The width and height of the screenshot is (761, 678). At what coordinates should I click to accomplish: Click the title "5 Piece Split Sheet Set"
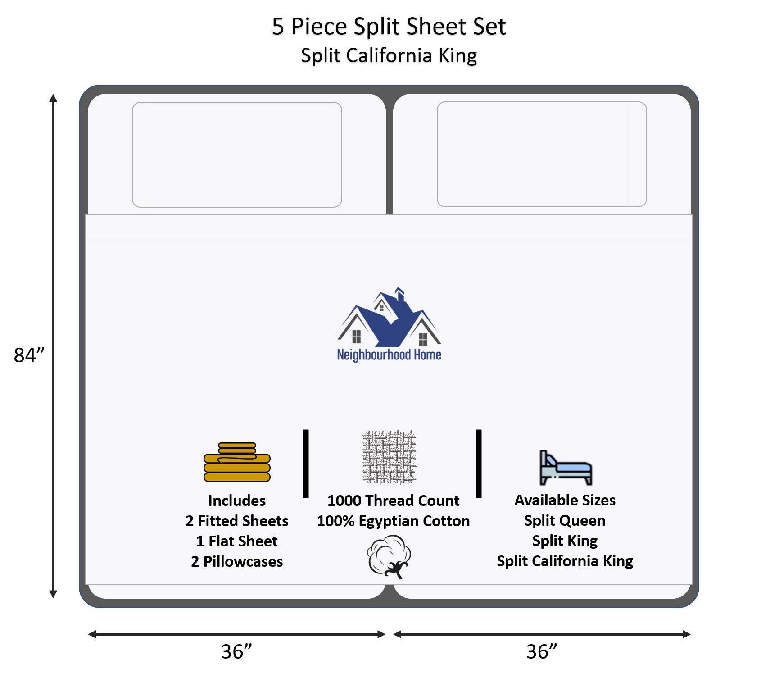[389, 26]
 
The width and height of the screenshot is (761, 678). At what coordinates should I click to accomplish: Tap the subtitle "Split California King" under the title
[389, 55]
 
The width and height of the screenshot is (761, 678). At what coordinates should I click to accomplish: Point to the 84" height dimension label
[30, 355]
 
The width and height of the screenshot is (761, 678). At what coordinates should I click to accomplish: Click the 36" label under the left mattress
[236, 651]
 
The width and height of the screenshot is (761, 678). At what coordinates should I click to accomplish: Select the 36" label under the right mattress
[542, 651]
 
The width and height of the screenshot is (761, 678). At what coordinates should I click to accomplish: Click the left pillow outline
[237, 155]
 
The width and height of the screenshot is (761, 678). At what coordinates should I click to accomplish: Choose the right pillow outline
[542, 154]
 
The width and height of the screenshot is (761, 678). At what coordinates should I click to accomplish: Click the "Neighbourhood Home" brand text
[389, 355]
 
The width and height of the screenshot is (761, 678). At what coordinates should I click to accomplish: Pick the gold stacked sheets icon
[237, 463]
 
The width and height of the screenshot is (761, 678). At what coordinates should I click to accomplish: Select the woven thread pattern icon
[389, 457]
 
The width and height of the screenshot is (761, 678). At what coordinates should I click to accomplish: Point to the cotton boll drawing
[390, 556]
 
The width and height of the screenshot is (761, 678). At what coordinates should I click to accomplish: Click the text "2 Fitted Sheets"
[237, 521]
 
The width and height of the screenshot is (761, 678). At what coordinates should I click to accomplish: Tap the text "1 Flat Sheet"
[237, 541]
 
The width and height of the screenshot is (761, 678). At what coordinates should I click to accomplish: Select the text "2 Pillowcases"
[237, 561]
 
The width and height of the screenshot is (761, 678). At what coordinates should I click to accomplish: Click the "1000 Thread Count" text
[393, 501]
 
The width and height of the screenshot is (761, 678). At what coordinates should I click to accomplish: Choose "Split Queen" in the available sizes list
[565, 520]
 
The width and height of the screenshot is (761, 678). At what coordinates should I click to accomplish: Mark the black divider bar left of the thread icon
[306, 463]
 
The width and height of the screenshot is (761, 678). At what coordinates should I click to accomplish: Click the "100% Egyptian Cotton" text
[393, 521]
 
